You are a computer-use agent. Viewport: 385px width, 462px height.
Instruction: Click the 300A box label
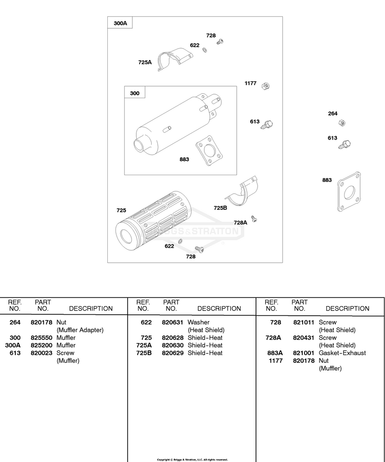[120, 23]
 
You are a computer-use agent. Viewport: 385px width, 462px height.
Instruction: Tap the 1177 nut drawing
[266, 86]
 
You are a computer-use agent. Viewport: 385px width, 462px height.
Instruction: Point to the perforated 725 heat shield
[153, 220]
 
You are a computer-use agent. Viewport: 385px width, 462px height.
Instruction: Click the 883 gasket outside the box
[349, 192]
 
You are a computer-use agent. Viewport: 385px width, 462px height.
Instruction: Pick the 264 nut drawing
[342, 123]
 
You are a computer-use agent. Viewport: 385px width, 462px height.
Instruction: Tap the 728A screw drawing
[254, 218]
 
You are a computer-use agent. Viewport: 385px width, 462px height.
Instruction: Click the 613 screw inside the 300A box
[268, 125]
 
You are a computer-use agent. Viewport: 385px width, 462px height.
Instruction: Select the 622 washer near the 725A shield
[205, 50]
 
